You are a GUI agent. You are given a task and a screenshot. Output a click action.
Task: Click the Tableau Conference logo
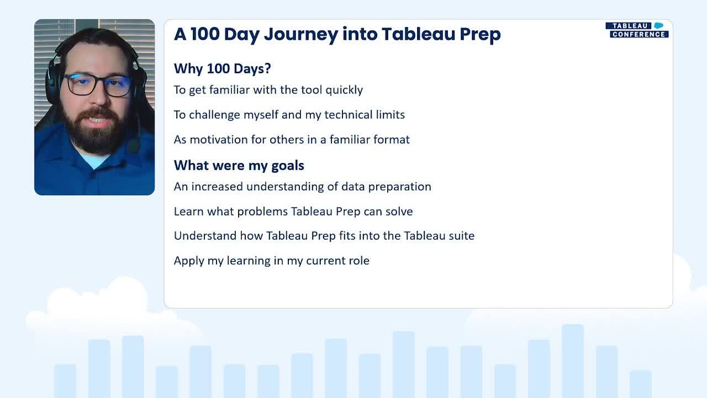[637, 30]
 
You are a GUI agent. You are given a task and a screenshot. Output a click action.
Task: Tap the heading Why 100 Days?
[222, 69]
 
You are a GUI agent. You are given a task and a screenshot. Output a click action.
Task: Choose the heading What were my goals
[239, 166]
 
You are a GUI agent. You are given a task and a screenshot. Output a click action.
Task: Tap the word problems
[262, 211]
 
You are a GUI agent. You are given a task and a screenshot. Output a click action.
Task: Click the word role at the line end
[359, 260]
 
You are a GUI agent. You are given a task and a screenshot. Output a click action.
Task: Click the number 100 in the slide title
[205, 34]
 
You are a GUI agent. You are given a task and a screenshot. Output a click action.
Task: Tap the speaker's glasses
[98, 85]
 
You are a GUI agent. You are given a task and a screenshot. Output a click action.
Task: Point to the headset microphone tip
[134, 147]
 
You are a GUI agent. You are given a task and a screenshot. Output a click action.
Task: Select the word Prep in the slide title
[480, 35]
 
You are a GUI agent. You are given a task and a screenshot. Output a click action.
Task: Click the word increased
[218, 187]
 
